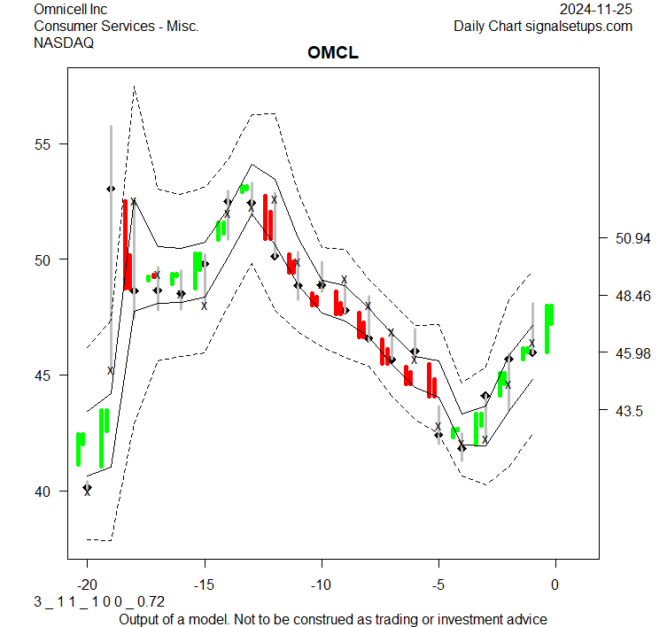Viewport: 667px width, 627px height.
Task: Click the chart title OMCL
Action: (x=333, y=53)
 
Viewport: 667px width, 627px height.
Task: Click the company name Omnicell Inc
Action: (x=70, y=9)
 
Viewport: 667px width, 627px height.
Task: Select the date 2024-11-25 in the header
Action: (x=596, y=9)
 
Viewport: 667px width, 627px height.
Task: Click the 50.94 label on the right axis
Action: (x=633, y=238)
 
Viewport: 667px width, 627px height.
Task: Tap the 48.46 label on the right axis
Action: (x=633, y=296)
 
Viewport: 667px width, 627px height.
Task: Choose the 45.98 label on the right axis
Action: (x=633, y=353)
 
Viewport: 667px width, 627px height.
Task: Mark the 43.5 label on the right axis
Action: (x=629, y=411)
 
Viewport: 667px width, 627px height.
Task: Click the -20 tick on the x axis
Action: (x=87, y=584)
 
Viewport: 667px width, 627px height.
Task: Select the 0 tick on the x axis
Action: (x=555, y=584)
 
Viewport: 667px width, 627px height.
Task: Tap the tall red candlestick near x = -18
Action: (x=126, y=244)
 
